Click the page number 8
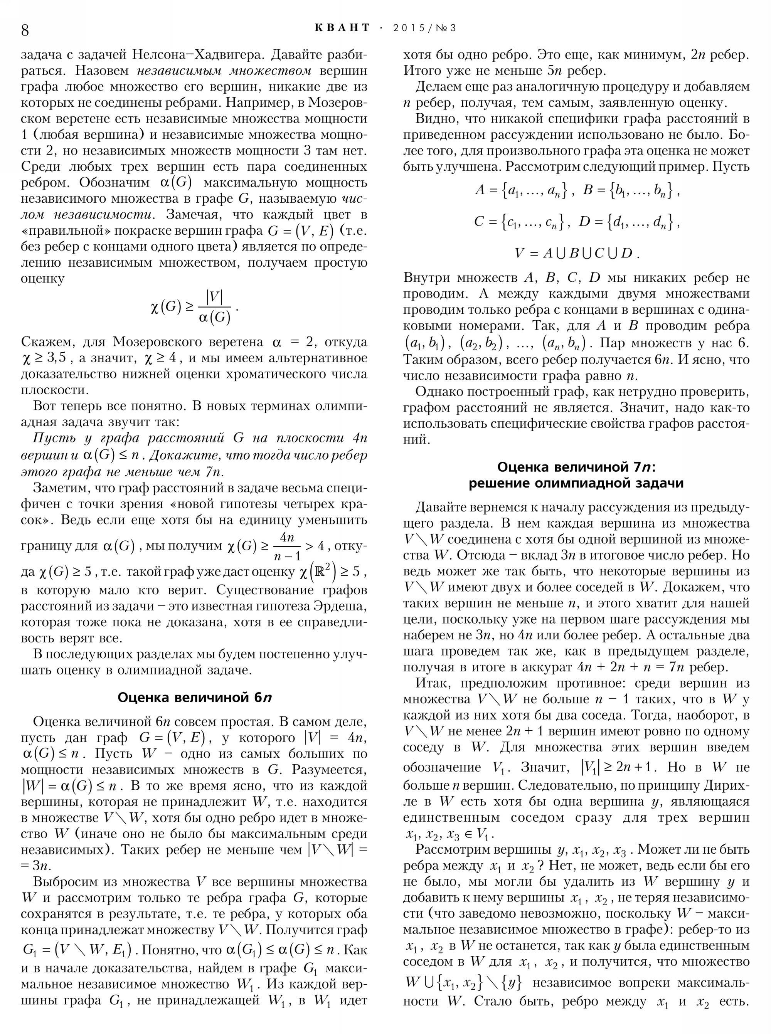click(25, 30)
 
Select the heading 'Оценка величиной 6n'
click(194, 698)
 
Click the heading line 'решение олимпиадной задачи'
click(576, 483)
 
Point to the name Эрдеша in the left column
click(343, 606)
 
